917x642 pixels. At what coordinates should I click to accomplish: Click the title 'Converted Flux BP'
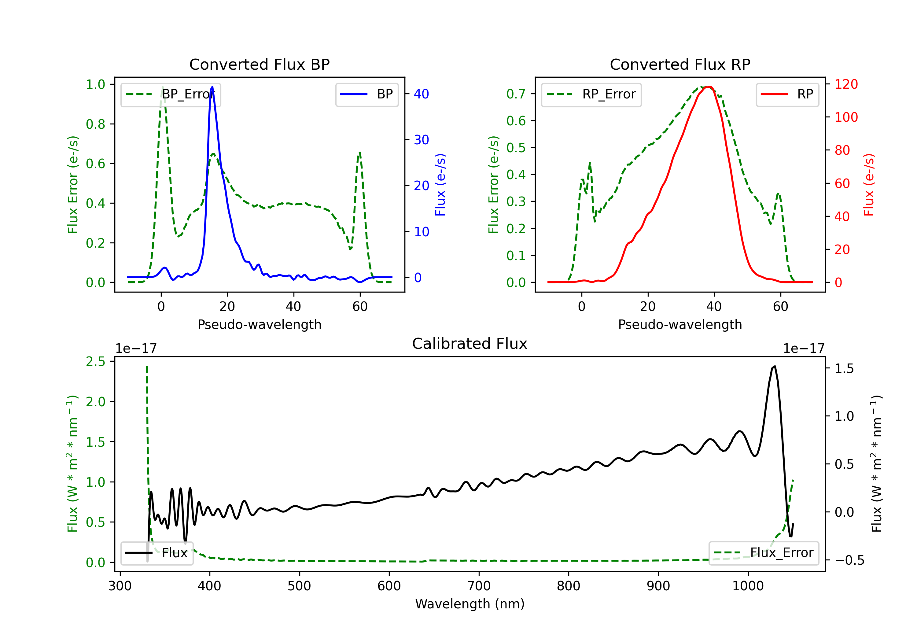(x=259, y=64)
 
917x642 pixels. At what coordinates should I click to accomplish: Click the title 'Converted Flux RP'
(x=680, y=64)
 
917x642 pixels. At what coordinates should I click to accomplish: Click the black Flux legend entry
(x=157, y=553)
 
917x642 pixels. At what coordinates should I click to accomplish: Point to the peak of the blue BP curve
(x=212, y=87)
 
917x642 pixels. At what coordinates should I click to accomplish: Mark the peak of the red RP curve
(x=710, y=87)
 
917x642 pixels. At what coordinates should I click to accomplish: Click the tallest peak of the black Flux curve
(x=775, y=366)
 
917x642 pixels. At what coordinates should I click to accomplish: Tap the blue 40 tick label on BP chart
(x=421, y=94)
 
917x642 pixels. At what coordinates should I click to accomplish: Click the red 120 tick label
(x=846, y=84)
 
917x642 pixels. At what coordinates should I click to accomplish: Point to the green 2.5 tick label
(x=95, y=362)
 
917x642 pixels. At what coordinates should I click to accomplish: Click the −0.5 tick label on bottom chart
(x=849, y=560)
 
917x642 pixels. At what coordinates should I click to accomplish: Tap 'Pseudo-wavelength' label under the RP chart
(x=680, y=324)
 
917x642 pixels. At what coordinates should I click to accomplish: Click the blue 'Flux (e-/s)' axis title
(x=440, y=185)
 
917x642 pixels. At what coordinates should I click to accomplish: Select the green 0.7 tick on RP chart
(x=516, y=94)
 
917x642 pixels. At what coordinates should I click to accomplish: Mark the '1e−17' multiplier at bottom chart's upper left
(x=136, y=349)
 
